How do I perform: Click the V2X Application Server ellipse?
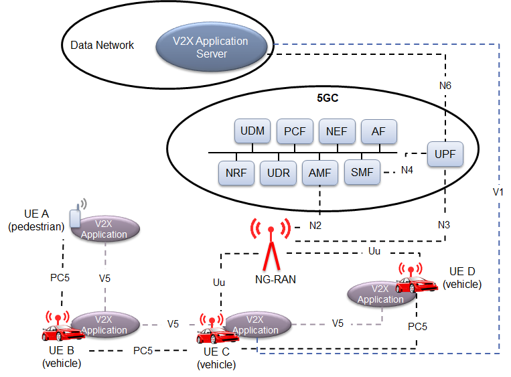212,46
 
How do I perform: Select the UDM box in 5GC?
251,131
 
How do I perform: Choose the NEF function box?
336,131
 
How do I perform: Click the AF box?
378,131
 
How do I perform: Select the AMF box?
319,173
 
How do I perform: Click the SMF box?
362,173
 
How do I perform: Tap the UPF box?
445,154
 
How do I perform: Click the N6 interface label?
446,86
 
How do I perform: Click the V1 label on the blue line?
497,192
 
